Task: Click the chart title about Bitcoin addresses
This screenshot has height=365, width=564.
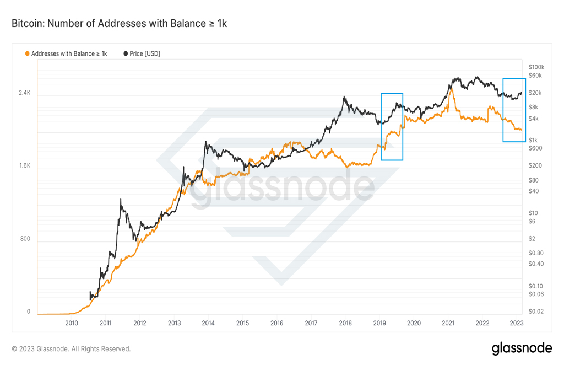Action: [x=119, y=23]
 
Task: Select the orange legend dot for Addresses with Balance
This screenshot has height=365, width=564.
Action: [x=27, y=53]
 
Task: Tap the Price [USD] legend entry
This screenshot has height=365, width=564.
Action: [x=142, y=53]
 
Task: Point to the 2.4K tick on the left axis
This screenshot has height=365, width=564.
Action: [x=25, y=93]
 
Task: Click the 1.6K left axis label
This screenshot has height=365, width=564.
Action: [x=25, y=165]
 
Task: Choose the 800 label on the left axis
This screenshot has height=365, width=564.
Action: [x=25, y=239]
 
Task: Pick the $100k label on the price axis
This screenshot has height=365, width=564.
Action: [x=536, y=67]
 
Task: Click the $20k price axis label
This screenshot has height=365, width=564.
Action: [x=535, y=93]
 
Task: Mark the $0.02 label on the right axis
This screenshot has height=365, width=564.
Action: [x=536, y=312]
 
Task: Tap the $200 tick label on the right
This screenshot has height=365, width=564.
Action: [x=535, y=165]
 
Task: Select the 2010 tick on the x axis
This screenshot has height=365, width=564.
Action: [x=72, y=323]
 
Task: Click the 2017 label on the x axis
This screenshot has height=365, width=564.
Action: [x=311, y=323]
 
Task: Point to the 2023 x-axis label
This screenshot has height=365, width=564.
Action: [x=517, y=323]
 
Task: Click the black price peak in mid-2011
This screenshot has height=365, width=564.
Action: [x=121, y=199]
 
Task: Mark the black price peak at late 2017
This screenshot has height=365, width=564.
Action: [x=344, y=96]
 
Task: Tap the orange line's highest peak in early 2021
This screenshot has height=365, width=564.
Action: [x=452, y=89]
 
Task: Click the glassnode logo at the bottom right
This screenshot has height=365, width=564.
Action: [x=522, y=348]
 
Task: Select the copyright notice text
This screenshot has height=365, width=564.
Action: [x=71, y=349]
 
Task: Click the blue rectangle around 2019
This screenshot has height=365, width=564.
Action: [x=381, y=127]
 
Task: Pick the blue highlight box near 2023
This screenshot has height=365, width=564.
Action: [x=503, y=110]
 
